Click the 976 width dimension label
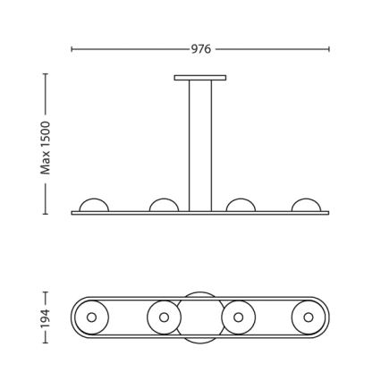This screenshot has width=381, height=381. coord(201,49)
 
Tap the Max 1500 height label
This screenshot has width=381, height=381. coord(46,148)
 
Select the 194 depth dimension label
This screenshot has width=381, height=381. coord(46,318)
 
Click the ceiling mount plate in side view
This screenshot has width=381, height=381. coord(200,78)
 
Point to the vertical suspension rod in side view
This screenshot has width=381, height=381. coord(200,146)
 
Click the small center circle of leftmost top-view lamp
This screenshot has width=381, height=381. coord(91,317)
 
